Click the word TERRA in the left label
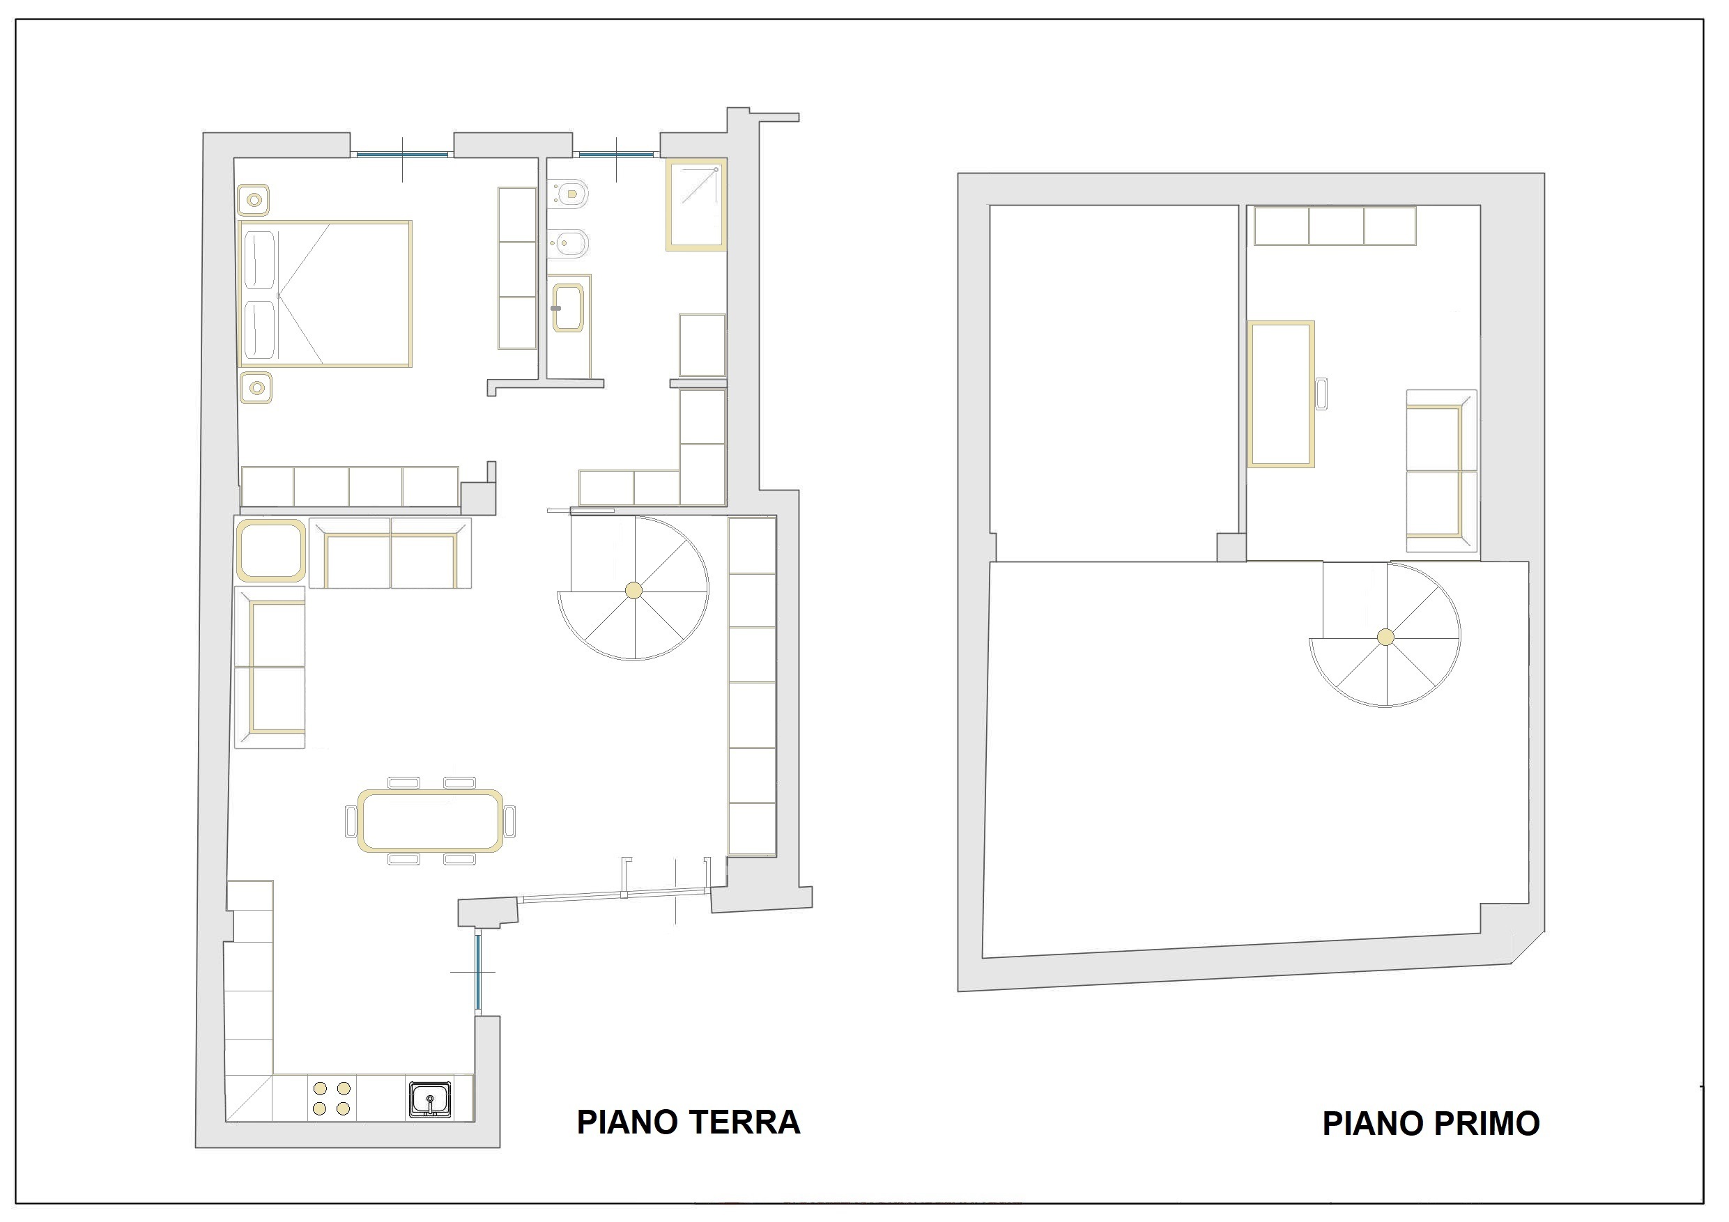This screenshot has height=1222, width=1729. tap(744, 1122)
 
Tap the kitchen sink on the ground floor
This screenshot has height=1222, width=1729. tap(430, 1100)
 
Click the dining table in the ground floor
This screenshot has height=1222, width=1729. tap(431, 821)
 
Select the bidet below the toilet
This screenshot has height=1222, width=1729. tap(569, 243)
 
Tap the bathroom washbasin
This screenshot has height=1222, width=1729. tap(568, 308)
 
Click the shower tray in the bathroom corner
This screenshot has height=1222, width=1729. tap(696, 205)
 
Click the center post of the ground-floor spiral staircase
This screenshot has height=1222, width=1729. tap(634, 591)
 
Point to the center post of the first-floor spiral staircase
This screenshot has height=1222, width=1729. tap(1385, 637)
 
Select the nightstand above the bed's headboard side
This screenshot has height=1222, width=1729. tap(254, 200)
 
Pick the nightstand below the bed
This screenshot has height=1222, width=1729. tap(256, 389)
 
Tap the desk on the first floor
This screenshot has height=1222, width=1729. tap(1281, 394)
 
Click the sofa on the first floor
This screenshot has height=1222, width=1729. tap(1441, 472)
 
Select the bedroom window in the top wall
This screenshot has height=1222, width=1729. tap(402, 155)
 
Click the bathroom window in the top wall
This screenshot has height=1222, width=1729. tap(616, 155)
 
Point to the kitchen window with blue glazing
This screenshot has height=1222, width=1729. tap(477, 973)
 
